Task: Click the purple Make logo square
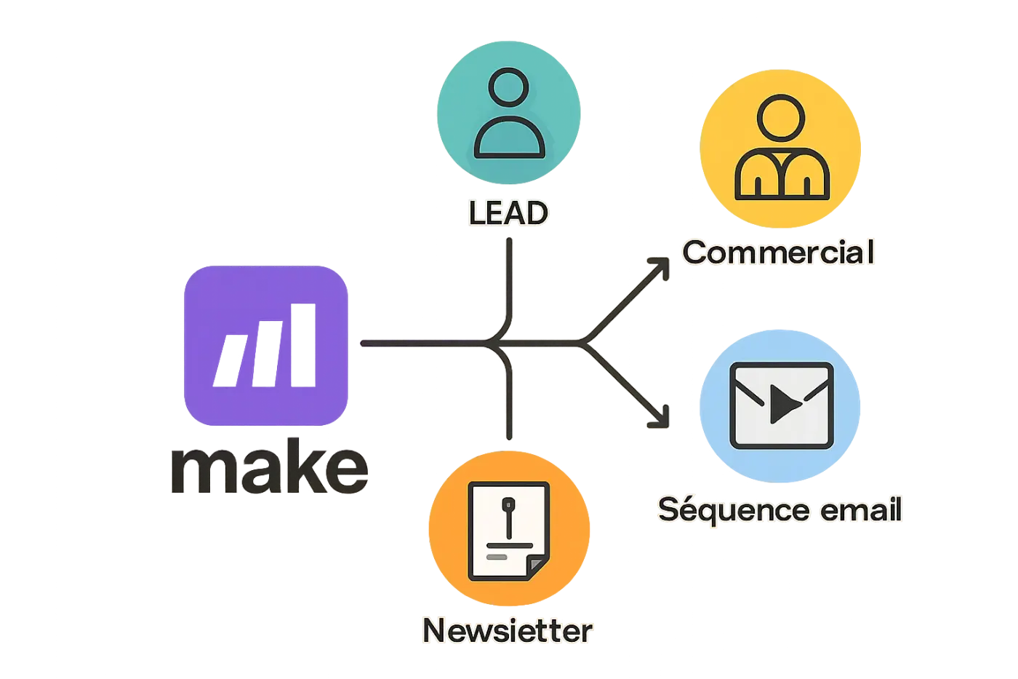click(x=266, y=346)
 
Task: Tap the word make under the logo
click(x=270, y=466)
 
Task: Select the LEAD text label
click(x=508, y=213)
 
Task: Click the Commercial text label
click(x=778, y=252)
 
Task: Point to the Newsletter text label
click(x=508, y=631)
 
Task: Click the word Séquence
click(x=734, y=510)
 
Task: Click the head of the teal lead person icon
click(x=508, y=87)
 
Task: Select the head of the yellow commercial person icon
click(x=781, y=118)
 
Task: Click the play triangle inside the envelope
click(x=784, y=404)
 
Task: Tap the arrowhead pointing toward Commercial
click(x=660, y=267)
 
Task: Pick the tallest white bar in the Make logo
click(x=303, y=345)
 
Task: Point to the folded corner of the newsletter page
click(x=537, y=566)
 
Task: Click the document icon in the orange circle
click(x=508, y=531)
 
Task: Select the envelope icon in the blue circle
click(x=781, y=405)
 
